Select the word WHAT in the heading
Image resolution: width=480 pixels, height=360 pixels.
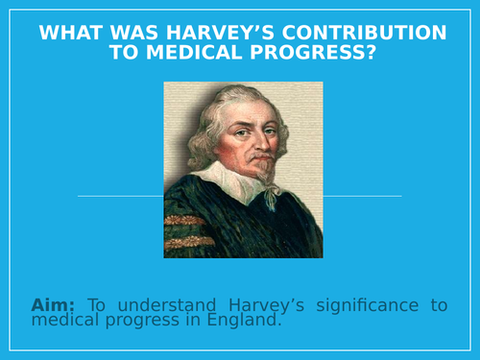72,34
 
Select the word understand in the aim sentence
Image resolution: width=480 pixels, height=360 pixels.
163,305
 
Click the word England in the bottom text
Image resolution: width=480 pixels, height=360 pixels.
248,322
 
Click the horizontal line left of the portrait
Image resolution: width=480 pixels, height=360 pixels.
119,196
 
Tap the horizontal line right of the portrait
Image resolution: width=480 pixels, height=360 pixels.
363,196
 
